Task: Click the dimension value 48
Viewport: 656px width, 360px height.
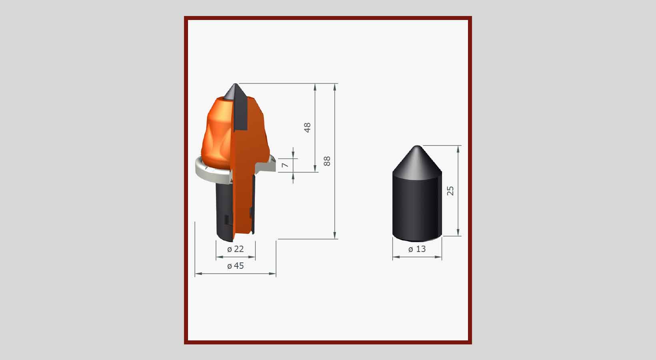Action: click(307, 128)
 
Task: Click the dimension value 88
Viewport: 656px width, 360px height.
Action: click(327, 161)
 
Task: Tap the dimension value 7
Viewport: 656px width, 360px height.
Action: click(285, 165)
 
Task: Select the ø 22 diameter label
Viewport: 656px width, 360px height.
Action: click(236, 249)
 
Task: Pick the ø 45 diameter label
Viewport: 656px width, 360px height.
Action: click(236, 266)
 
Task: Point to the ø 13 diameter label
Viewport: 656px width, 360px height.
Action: click(417, 249)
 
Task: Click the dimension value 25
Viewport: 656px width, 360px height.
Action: click(450, 191)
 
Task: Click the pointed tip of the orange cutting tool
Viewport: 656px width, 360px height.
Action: click(236, 84)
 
